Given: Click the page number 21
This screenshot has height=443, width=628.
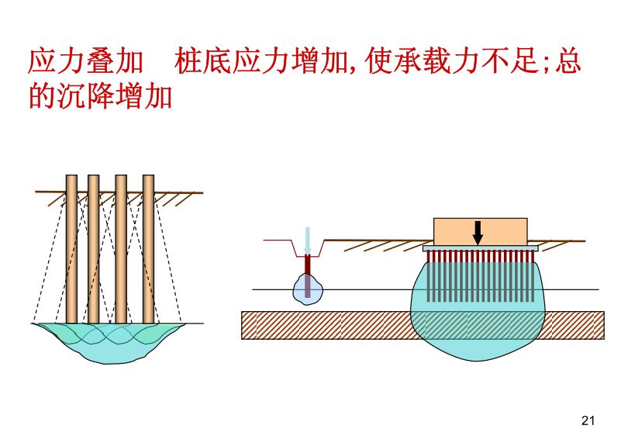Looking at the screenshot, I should click(x=587, y=421).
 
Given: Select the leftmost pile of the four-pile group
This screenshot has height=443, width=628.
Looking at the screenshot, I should click(x=71, y=248).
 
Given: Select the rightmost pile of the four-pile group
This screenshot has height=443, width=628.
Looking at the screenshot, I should click(x=148, y=248).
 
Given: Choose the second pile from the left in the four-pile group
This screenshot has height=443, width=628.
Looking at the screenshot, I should click(x=93, y=248).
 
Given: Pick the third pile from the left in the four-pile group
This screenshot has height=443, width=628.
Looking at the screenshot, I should click(x=121, y=248).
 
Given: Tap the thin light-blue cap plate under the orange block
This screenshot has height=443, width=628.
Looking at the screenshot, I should click(x=480, y=247).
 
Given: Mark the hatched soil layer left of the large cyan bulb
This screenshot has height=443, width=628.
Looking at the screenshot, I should click(x=326, y=325).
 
